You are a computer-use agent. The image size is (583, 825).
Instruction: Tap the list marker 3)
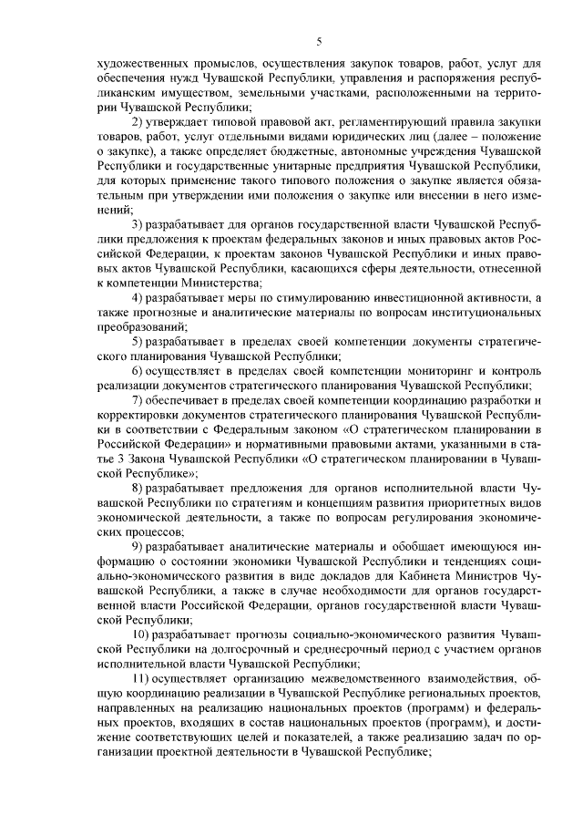(138, 223)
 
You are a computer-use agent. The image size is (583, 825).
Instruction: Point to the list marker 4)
(138, 298)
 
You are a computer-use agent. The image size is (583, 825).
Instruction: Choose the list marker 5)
(138, 340)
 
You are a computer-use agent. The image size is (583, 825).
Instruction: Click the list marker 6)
(138, 373)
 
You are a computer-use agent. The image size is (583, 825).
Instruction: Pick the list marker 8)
(138, 490)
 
